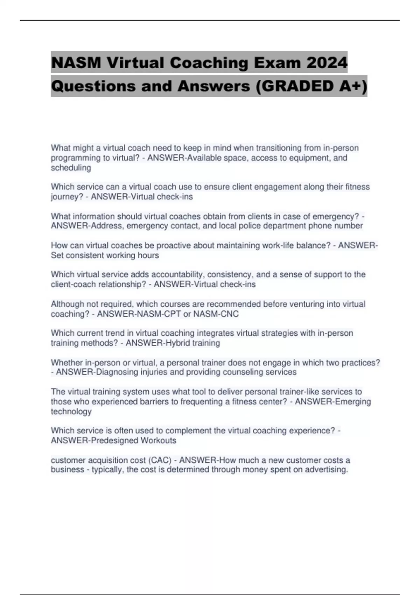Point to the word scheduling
[x=71, y=168]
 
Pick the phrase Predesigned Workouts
[x=133, y=440]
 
